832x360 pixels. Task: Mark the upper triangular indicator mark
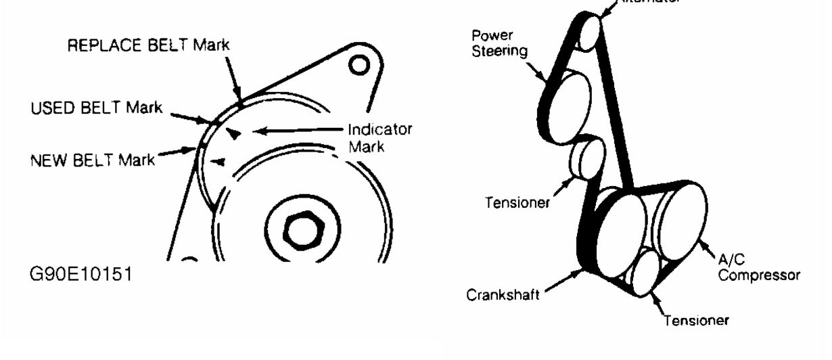tap(232, 134)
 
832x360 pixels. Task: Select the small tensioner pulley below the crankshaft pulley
tap(647, 275)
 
